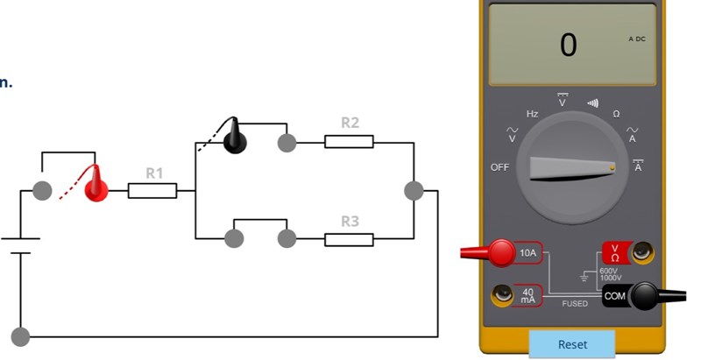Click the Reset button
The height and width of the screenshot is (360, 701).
(x=572, y=344)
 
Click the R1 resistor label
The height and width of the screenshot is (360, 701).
(x=154, y=173)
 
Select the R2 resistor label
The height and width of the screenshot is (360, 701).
(x=350, y=123)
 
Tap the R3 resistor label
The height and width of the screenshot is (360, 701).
(x=350, y=221)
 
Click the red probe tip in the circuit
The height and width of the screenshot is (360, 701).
(x=96, y=183)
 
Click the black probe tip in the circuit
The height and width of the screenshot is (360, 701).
(x=234, y=137)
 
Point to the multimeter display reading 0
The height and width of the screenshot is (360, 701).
(x=569, y=45)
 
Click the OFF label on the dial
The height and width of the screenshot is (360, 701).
(x=499, y=166)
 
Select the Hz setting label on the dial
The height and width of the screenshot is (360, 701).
(x=532, y=114)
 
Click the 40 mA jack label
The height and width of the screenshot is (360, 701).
(x=528, y=295)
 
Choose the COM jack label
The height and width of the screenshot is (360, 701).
(x=615, y=296)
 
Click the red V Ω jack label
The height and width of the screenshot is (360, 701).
(x=614, y=253)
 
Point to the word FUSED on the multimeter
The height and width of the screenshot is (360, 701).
(x=575, y=303)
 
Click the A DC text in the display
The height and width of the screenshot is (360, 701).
(x=637, y=40)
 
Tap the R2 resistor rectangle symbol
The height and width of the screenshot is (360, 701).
(x=349, y=141)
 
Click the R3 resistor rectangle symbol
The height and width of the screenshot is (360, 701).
(x=349, y=238)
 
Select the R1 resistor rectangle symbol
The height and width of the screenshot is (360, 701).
(x=152, y=190)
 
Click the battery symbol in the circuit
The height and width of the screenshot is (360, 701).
(x=19, y=244)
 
